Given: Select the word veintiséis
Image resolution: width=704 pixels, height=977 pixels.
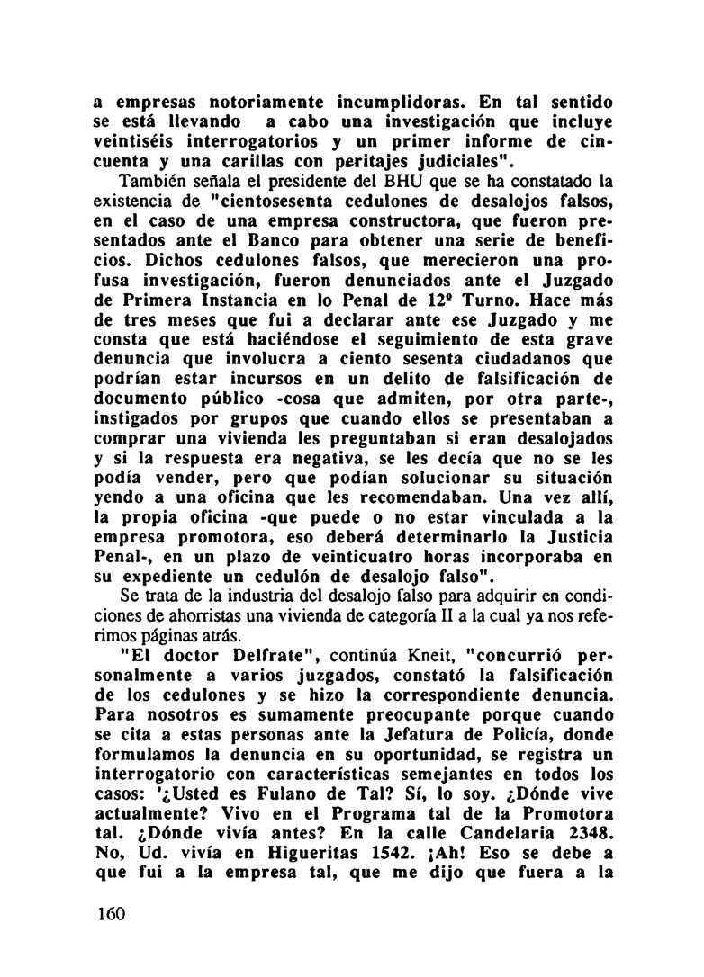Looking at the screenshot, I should pyautogui.click(x=142, y=142).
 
